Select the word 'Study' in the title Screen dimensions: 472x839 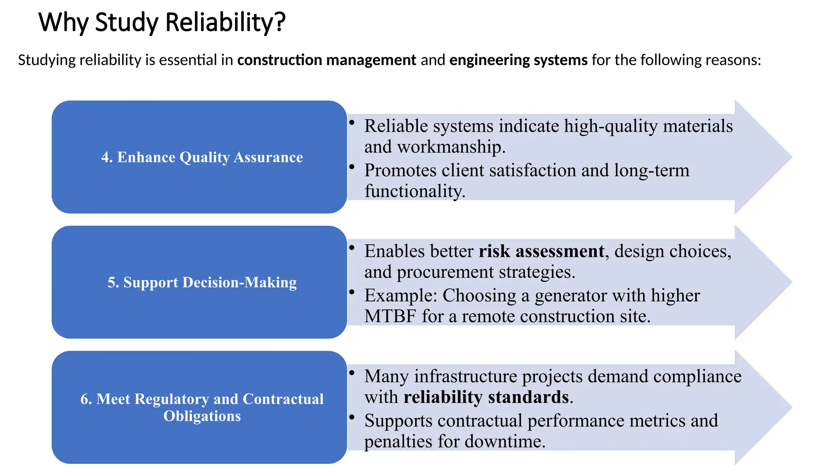(127, 23)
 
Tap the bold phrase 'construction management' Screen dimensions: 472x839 (327, 60)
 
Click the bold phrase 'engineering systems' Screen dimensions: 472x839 (518, 60)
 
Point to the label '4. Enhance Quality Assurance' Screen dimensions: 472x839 (202, 157)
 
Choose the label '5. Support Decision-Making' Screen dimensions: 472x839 (202, 282)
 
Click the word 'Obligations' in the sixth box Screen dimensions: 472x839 (202, 416)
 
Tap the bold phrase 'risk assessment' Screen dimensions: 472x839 (541, 251)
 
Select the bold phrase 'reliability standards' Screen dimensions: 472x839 (486, 397)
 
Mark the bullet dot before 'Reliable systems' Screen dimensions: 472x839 (351, 122)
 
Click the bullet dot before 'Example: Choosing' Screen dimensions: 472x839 (351, 292)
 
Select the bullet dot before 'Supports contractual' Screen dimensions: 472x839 (351, 417)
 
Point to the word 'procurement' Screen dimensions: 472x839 (445, 272)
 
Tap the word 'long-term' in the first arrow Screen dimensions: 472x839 (651, 170)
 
